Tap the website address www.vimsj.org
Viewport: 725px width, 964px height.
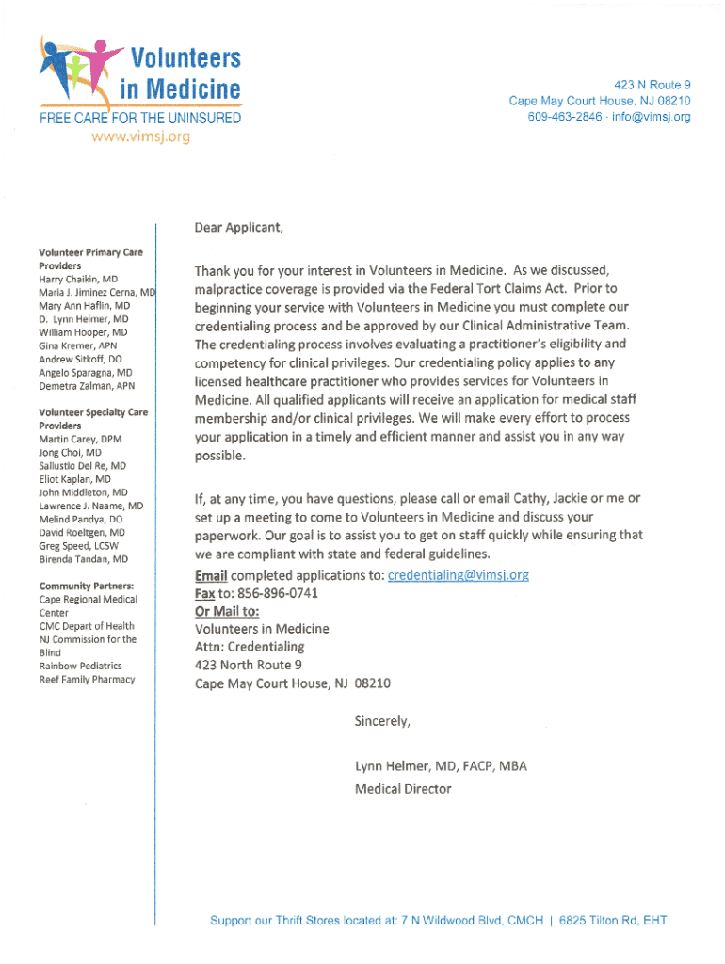(x=140, y=137)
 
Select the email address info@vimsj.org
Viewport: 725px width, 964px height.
(x=650, y=117)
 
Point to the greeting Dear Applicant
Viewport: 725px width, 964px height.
(x=238, y=227)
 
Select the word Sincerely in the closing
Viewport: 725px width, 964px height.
(x=382, y=722)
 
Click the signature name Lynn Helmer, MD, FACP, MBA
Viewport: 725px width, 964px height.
(x=441, y=766)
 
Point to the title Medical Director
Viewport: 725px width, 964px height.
(x=403, y=789)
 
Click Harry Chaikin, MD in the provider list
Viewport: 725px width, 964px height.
(x=78, y=280)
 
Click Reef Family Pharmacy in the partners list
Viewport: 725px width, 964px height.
(x=87, y=680)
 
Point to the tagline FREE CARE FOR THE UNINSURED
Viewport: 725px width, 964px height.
(x=139, y=119)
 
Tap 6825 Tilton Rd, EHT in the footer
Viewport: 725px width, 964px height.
(x=613, y=920)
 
